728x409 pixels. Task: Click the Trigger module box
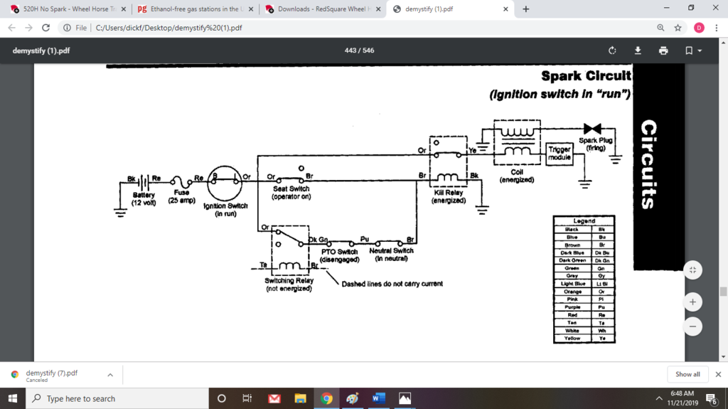[560, 153]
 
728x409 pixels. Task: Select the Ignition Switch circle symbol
[225, 183]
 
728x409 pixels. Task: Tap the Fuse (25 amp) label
[181, 196]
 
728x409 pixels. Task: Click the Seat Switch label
[291, 193]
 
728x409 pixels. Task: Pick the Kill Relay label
[449, 196]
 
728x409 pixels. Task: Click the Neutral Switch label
[391, 255]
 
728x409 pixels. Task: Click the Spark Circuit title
[585, 76]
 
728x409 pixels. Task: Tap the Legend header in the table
[584, 221]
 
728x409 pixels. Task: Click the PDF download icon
[638, 51]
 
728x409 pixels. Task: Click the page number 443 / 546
[359, 51]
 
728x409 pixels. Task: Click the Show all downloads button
[687, 374]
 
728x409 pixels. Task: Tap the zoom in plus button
[692, 302]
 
